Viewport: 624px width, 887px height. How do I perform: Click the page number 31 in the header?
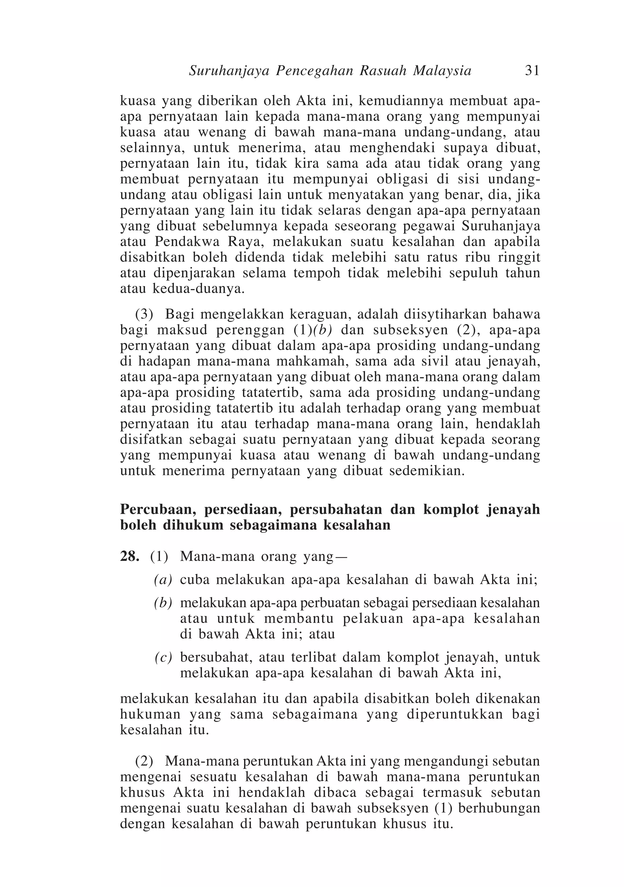click(x=532, y=71)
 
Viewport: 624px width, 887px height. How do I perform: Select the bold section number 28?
click(x=129, y=557)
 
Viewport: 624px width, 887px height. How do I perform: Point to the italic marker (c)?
click(x=163, y=657)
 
